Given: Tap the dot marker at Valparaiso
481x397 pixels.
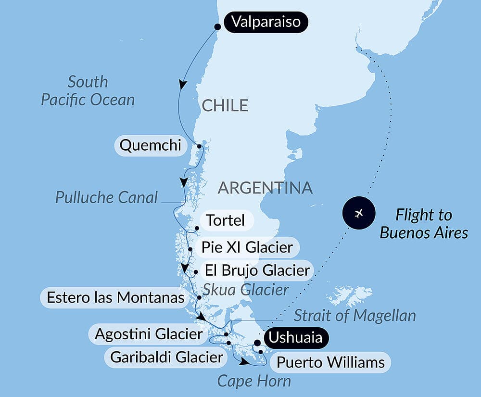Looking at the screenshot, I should click(217, 26).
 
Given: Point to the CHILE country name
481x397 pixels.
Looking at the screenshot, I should click(225, 105).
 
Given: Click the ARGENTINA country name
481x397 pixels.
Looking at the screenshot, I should click(265, 188).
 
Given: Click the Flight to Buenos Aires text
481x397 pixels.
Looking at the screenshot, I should click(424, 224).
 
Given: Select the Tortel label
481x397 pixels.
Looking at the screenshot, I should click(225, 221).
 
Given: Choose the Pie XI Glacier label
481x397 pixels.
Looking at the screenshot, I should click(247, 248).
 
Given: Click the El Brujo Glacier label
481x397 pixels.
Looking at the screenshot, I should click(257, 270).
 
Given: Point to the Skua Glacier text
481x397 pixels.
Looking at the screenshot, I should click(245, 290).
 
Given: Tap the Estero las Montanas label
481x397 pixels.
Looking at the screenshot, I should click(115, 297).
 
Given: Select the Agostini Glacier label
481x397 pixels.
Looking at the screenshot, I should click(148, 334).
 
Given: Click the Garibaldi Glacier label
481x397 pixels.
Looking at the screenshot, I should click(166, 358).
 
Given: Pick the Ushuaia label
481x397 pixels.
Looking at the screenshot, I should click(295, 337).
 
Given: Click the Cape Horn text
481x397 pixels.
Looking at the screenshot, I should click(254, 381).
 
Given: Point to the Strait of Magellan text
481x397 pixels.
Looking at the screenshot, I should click(354, 316).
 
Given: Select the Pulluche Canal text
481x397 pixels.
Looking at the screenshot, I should click(106, 197).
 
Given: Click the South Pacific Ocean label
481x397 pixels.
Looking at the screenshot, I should click(88, 91).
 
